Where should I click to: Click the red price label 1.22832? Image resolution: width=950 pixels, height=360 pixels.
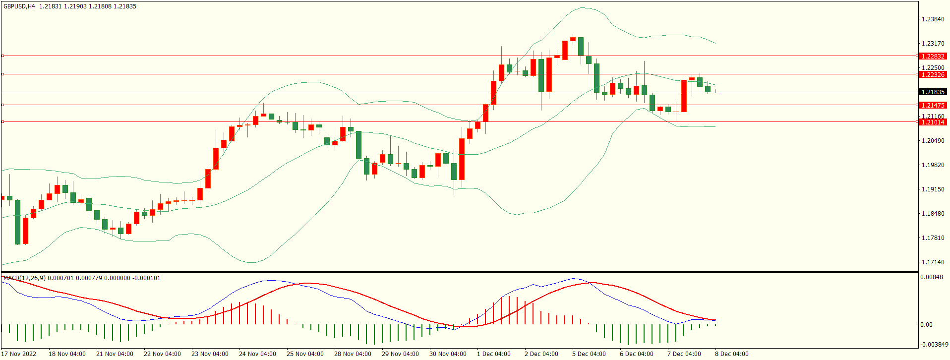[932, 56]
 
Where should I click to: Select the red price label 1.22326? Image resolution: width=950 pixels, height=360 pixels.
[932, 74]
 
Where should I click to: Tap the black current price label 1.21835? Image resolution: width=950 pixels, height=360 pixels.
[932, 92]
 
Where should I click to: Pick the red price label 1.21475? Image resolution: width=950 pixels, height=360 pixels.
[932, 105]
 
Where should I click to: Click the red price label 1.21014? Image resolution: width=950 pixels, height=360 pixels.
[932, 122]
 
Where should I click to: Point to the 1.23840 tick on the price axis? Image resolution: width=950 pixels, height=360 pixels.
[933, 19]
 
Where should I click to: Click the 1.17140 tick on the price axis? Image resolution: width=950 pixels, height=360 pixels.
[933, 262]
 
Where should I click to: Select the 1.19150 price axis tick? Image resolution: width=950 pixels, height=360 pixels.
[933, 189]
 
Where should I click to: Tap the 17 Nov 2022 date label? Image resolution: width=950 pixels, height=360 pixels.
[19, 354]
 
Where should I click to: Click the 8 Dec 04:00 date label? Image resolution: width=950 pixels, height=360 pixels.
[731, 354]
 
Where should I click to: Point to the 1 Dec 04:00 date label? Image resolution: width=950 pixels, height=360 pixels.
[493, 354]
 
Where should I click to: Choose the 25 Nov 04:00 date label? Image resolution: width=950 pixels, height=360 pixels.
[305, 354]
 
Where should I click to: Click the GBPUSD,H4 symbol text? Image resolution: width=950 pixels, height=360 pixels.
[19, 6]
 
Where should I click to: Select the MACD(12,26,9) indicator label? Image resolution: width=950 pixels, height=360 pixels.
[24, 278]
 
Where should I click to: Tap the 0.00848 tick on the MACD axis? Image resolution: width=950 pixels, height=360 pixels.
[932, 277]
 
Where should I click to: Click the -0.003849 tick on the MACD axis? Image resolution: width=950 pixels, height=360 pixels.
[934, 345]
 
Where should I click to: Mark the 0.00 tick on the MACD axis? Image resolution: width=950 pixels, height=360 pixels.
[926, 325]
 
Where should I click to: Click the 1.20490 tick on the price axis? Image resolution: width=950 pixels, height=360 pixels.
[933, 141]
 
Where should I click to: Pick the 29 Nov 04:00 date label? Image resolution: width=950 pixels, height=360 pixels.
[400, 354]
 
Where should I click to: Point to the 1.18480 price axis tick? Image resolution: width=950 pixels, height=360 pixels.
[933, 214]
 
